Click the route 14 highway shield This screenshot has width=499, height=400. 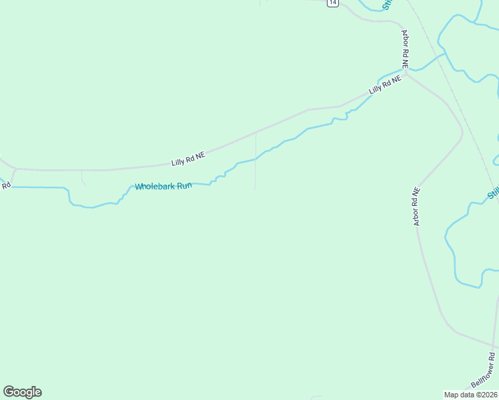332,3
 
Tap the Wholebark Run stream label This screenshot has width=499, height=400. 163,187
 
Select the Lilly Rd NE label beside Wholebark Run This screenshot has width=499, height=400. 187,157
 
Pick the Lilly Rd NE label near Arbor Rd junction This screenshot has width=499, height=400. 386,85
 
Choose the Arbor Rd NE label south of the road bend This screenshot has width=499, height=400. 417,206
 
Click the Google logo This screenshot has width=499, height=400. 22,392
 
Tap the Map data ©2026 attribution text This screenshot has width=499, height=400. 471,394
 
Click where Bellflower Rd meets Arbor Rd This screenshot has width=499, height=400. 494,347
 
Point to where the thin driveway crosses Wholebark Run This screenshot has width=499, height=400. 255,159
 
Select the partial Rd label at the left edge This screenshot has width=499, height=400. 5,185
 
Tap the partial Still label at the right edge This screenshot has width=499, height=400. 492,193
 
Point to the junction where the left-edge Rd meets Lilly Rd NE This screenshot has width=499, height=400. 15,169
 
